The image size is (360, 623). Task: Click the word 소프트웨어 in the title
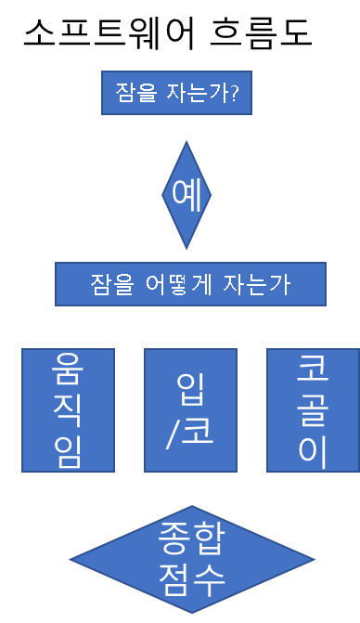[109, 32]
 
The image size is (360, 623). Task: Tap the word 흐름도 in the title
[261, 32]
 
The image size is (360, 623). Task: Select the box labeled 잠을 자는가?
[176, 93]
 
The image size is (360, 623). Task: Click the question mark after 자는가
[234, 93]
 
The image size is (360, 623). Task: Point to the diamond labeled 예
[186, 195]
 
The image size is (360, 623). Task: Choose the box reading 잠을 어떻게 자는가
[190, 284]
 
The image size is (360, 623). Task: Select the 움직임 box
[69, 410]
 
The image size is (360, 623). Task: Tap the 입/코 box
[190, 410]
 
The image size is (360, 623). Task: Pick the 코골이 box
[314, 410]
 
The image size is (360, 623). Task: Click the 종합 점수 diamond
[192, 560]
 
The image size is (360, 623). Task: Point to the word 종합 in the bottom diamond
[192, 538]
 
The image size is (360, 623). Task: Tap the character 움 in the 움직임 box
[68, 369]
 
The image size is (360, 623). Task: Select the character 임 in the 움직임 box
[68, 452]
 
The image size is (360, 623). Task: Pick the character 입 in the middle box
[191, 389]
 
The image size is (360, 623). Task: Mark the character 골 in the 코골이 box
[313, 410]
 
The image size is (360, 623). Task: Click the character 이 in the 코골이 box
[313, 452]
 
